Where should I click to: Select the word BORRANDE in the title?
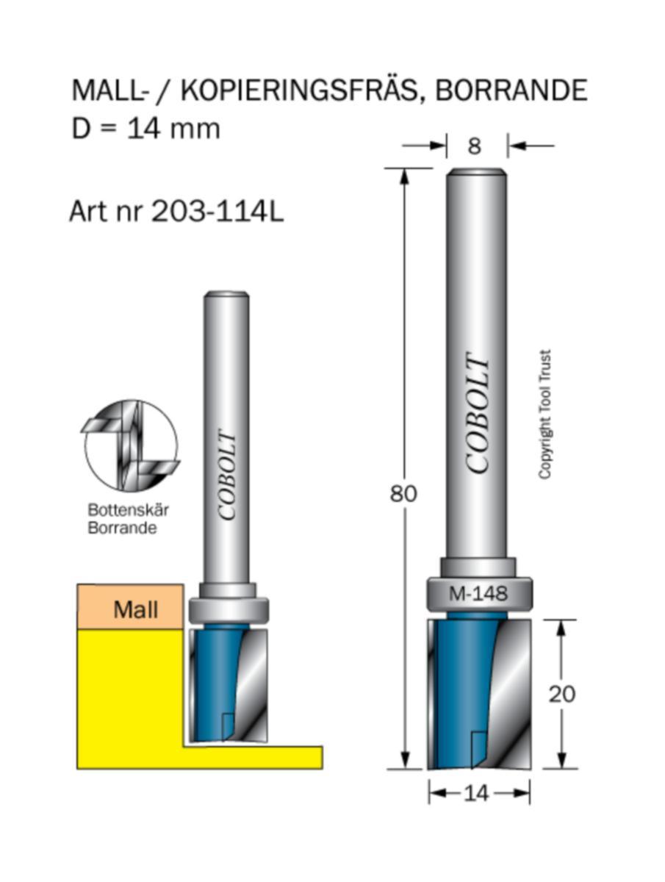pyautogui.click(x=511, y=90)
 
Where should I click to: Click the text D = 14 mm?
pyautogui.click(x=145, y=129)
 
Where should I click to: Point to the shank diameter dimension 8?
pyautogui.click(x=475, y=146)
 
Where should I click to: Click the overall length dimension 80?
pyautogui.click(x=403, y=494)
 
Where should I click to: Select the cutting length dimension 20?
pyautogui.click(x=562, y=694)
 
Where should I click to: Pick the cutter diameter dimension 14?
pyautogui.click(x=478, y=793)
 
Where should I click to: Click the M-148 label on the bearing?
pyautogui.click(x=478, y=594)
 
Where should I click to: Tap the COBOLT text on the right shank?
pyautogui.click(x=478, y=415)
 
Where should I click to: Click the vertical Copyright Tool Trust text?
pyautogui.click(x=545, y=415)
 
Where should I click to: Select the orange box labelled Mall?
pyautogui.click(x=130, y=607)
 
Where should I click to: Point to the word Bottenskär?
pyautogui.click(x=123, y=509)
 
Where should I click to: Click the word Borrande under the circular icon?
pyautogui.click(x=122, y=528)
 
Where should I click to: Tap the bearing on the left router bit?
pyautogui.click(x=229, y=609)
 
